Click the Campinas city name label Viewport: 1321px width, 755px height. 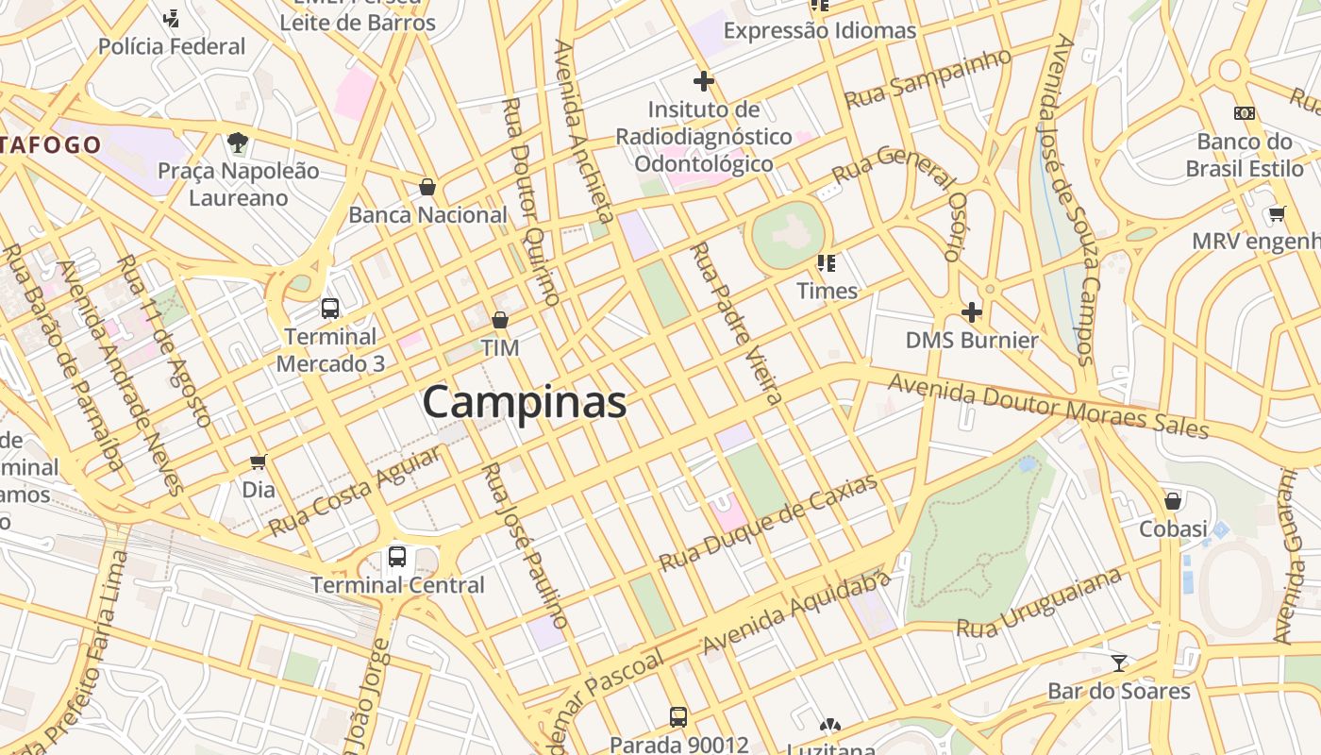[525, 402]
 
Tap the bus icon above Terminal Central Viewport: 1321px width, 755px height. [397, 557]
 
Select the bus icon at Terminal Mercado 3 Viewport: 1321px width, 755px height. [330, 308]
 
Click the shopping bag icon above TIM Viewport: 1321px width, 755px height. [500, 320]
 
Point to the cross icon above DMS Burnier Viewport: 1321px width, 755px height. [971, 311]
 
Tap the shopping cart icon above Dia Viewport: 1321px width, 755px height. [258, 461]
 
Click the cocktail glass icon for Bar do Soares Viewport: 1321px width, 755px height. [1119, 663]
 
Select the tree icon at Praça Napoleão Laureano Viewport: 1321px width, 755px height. [238, 143]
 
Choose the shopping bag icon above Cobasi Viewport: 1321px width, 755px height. [1173, 500]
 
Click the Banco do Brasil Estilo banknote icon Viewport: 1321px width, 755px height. [1245, 113]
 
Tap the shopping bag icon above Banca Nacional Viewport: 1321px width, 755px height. [427, 187]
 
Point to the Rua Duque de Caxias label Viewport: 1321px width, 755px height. [768, 522]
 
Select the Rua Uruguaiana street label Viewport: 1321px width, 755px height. [1039, 603]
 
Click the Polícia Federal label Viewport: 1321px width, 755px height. [172, 46]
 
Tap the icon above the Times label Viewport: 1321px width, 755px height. [827, 262]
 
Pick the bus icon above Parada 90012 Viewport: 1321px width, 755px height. [678, 716]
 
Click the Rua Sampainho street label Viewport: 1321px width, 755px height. [928, 78]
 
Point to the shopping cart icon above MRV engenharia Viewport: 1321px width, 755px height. [1277, 213]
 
